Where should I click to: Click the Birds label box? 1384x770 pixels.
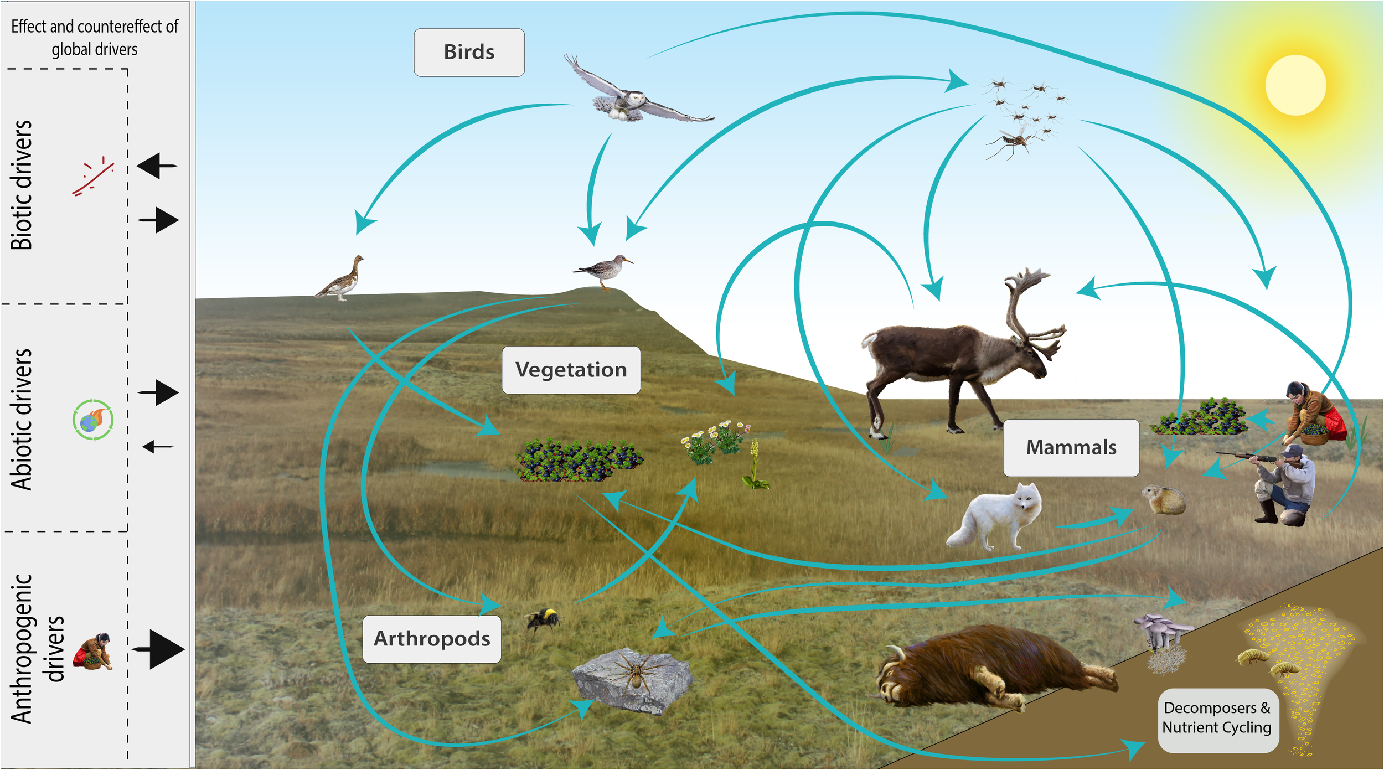(x=469, y=53)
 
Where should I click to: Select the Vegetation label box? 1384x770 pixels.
(x=571, y=370)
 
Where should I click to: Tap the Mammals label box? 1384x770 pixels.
(x=1071, y=447)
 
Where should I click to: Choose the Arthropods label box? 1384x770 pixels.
(x=432, y=639)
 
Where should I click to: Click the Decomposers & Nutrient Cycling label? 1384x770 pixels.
(x=1217, y=718)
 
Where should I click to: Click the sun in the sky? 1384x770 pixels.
(x=1295, y=86)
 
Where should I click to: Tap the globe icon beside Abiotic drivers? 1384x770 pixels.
(x=92, y=420)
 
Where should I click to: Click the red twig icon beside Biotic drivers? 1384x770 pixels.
(x=93, y=177)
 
